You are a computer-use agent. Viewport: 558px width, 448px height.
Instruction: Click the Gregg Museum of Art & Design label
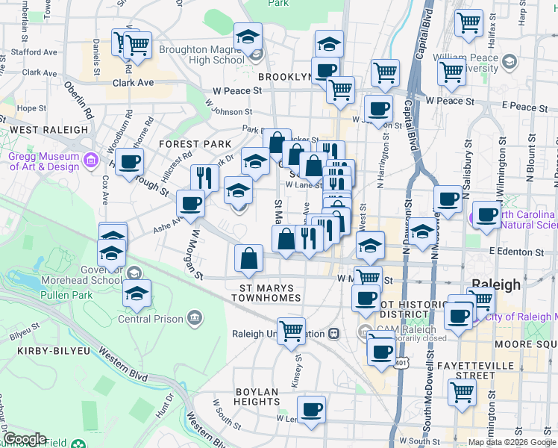(x=43, y=161)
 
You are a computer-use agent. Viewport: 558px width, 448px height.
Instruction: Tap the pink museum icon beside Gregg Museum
(x=91, y=160)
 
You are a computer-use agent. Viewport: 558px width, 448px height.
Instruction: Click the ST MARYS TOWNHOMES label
(x=269, y=292)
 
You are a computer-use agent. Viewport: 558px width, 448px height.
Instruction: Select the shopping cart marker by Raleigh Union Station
(x=291, y=330)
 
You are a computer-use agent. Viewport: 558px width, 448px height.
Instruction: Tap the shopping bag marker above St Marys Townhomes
(x=249, y=258)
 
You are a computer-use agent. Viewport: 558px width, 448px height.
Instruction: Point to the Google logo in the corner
(x=25, y=439)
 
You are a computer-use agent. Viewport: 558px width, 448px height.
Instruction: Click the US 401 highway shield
(x=403, y=363)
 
